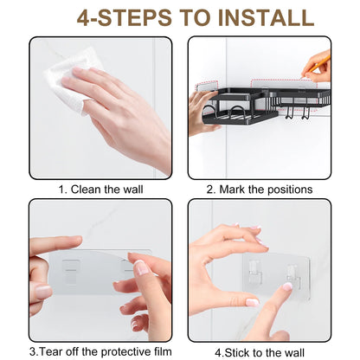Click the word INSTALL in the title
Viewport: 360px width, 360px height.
[x=266, y=17]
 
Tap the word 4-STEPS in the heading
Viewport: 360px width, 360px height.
[x=124, y=17]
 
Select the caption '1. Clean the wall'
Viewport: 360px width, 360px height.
[x=100, y=190]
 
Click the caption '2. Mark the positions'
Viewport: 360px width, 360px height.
[x=260, y=190]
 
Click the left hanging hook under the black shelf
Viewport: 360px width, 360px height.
[x=288, y=112]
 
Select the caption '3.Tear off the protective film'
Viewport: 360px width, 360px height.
[x=100, y=352]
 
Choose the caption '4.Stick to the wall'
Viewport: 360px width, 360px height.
[x=260, y=352]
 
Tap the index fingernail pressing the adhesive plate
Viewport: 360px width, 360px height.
[x=287, y=286]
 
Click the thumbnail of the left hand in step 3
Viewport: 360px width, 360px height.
[x=43, y=292]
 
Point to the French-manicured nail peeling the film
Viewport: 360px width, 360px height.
[x=142, y=267]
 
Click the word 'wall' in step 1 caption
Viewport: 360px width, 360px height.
[x=133, y=190]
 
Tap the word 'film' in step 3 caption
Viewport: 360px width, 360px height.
[x=163, y=351]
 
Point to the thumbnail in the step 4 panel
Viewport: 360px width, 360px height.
[x=252, y=302]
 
